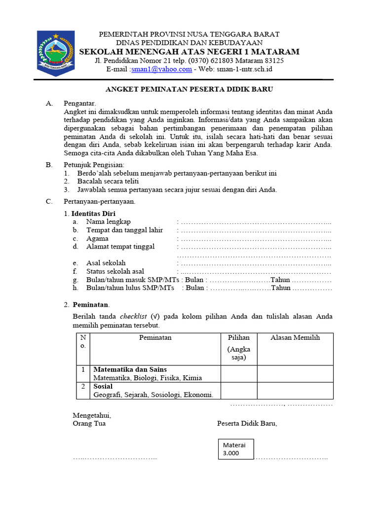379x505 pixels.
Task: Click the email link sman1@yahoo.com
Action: pyautogui.click(x=162, y=69)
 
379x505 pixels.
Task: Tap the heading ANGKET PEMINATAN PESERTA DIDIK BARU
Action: pyautogui.click(x=189, y=89)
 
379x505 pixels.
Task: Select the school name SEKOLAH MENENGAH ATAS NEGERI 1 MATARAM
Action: pyautogui.click(x=189, y=52)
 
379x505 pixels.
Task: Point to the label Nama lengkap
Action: pyautogui.click(x=109, y=222)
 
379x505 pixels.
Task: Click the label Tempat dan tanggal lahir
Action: pyautogui.click(x=124, y=230)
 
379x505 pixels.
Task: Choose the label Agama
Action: pyautogui.click(x=97, y=239)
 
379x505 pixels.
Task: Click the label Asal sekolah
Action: pyautogui.click(x=106, y=263)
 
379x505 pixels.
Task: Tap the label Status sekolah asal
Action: pyautogui.click(x=115, y=272)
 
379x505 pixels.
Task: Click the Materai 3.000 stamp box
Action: pyautogui.click(x=236, y=449)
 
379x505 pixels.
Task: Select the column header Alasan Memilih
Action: pyautogui.click(x=295, y=338)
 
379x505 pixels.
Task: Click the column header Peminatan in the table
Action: pyautogui.click(x=155, y=338)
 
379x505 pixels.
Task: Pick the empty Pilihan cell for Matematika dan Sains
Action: pyautogui.click(x=239, y=374)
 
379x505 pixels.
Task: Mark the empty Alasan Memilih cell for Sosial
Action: pyautogui.click(x=295, y=391)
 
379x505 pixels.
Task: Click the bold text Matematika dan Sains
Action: pyautogui.click(x=130, y=369)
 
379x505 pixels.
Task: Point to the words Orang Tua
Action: pyautogui.click(x=89, y=424)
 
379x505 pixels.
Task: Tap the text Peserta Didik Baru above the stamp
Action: pyautogui.click(x=247, y=424)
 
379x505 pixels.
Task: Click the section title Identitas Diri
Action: pyautogui.click(x=93, y=214)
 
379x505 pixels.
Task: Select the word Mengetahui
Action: pyautogui.click(x=92, y=415)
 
